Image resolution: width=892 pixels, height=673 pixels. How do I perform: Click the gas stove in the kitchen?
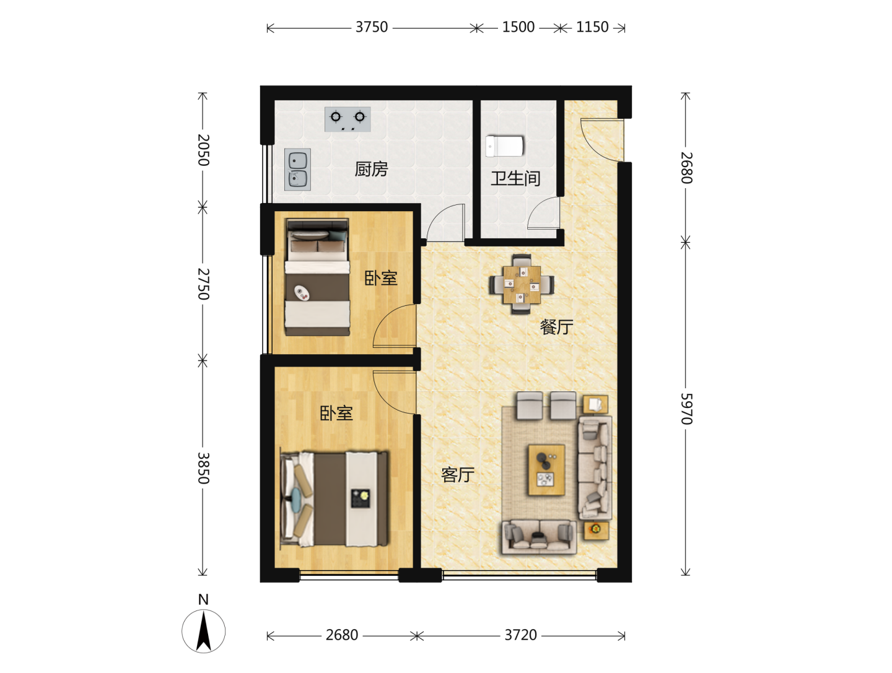click(x=348, y=119)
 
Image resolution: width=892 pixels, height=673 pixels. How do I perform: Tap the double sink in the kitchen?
click(x=297, y=170)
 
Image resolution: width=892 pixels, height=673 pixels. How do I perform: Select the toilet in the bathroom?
click(x=504, y=146)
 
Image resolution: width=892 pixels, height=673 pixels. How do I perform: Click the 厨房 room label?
click(x=372, y=169)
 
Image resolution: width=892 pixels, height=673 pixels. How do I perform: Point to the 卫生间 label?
click(x=515, y=179)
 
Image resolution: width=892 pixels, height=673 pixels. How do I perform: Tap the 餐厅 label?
click(x=556, y=327)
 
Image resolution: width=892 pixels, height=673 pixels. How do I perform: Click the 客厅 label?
click(x=458, y=475)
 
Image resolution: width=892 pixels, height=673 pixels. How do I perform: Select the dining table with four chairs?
click(x=522, y=284)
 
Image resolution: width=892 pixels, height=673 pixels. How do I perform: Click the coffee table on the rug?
click(x=546, y=470)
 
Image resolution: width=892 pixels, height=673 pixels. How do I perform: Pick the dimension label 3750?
click(x=372, y=27)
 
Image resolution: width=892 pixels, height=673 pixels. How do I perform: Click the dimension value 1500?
click(x=518, y=27)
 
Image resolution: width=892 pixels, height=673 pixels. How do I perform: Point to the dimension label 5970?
click(x=686, y=409)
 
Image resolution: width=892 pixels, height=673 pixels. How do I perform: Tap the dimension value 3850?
click(x=203, y=468)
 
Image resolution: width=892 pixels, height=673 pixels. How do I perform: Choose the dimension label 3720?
click(x=520, y=635)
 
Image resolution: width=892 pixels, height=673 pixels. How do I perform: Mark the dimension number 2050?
click(x=203, y=150)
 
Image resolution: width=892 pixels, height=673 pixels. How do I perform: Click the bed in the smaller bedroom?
click(x=317, y=277)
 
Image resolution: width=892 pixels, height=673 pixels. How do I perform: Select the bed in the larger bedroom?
click(x=334, y=498)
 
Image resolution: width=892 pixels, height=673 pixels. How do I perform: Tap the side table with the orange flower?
click(x=596, y=531)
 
